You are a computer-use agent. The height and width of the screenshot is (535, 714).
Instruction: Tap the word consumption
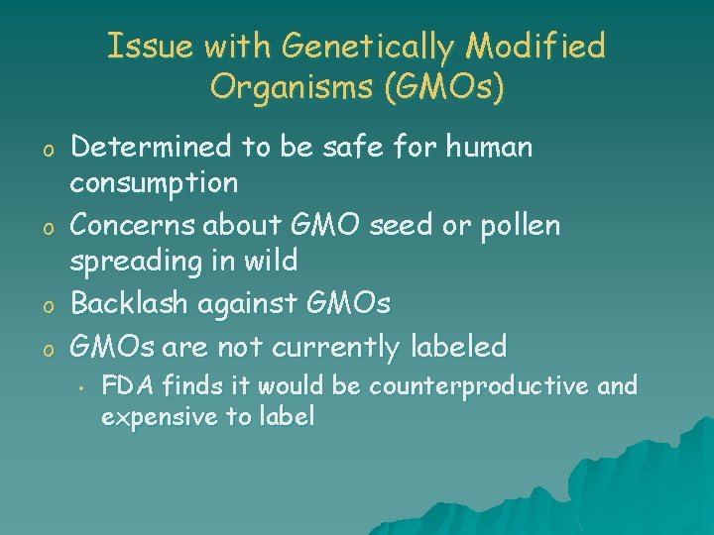pos(154,183)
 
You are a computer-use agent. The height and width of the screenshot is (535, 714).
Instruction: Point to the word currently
pos(332,347)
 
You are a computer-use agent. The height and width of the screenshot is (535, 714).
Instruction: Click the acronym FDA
pos(123,386)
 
